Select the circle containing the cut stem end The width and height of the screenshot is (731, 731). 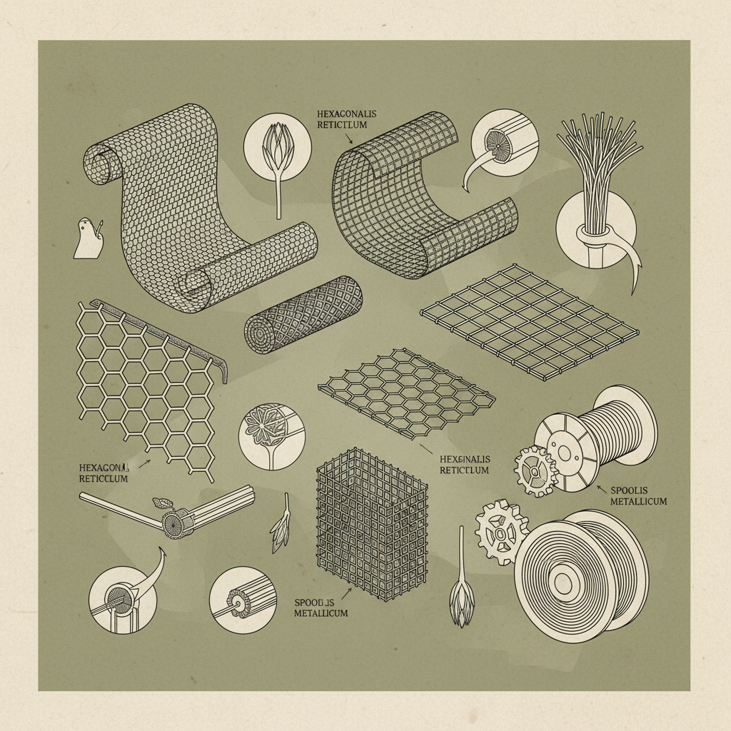(243, 600)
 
